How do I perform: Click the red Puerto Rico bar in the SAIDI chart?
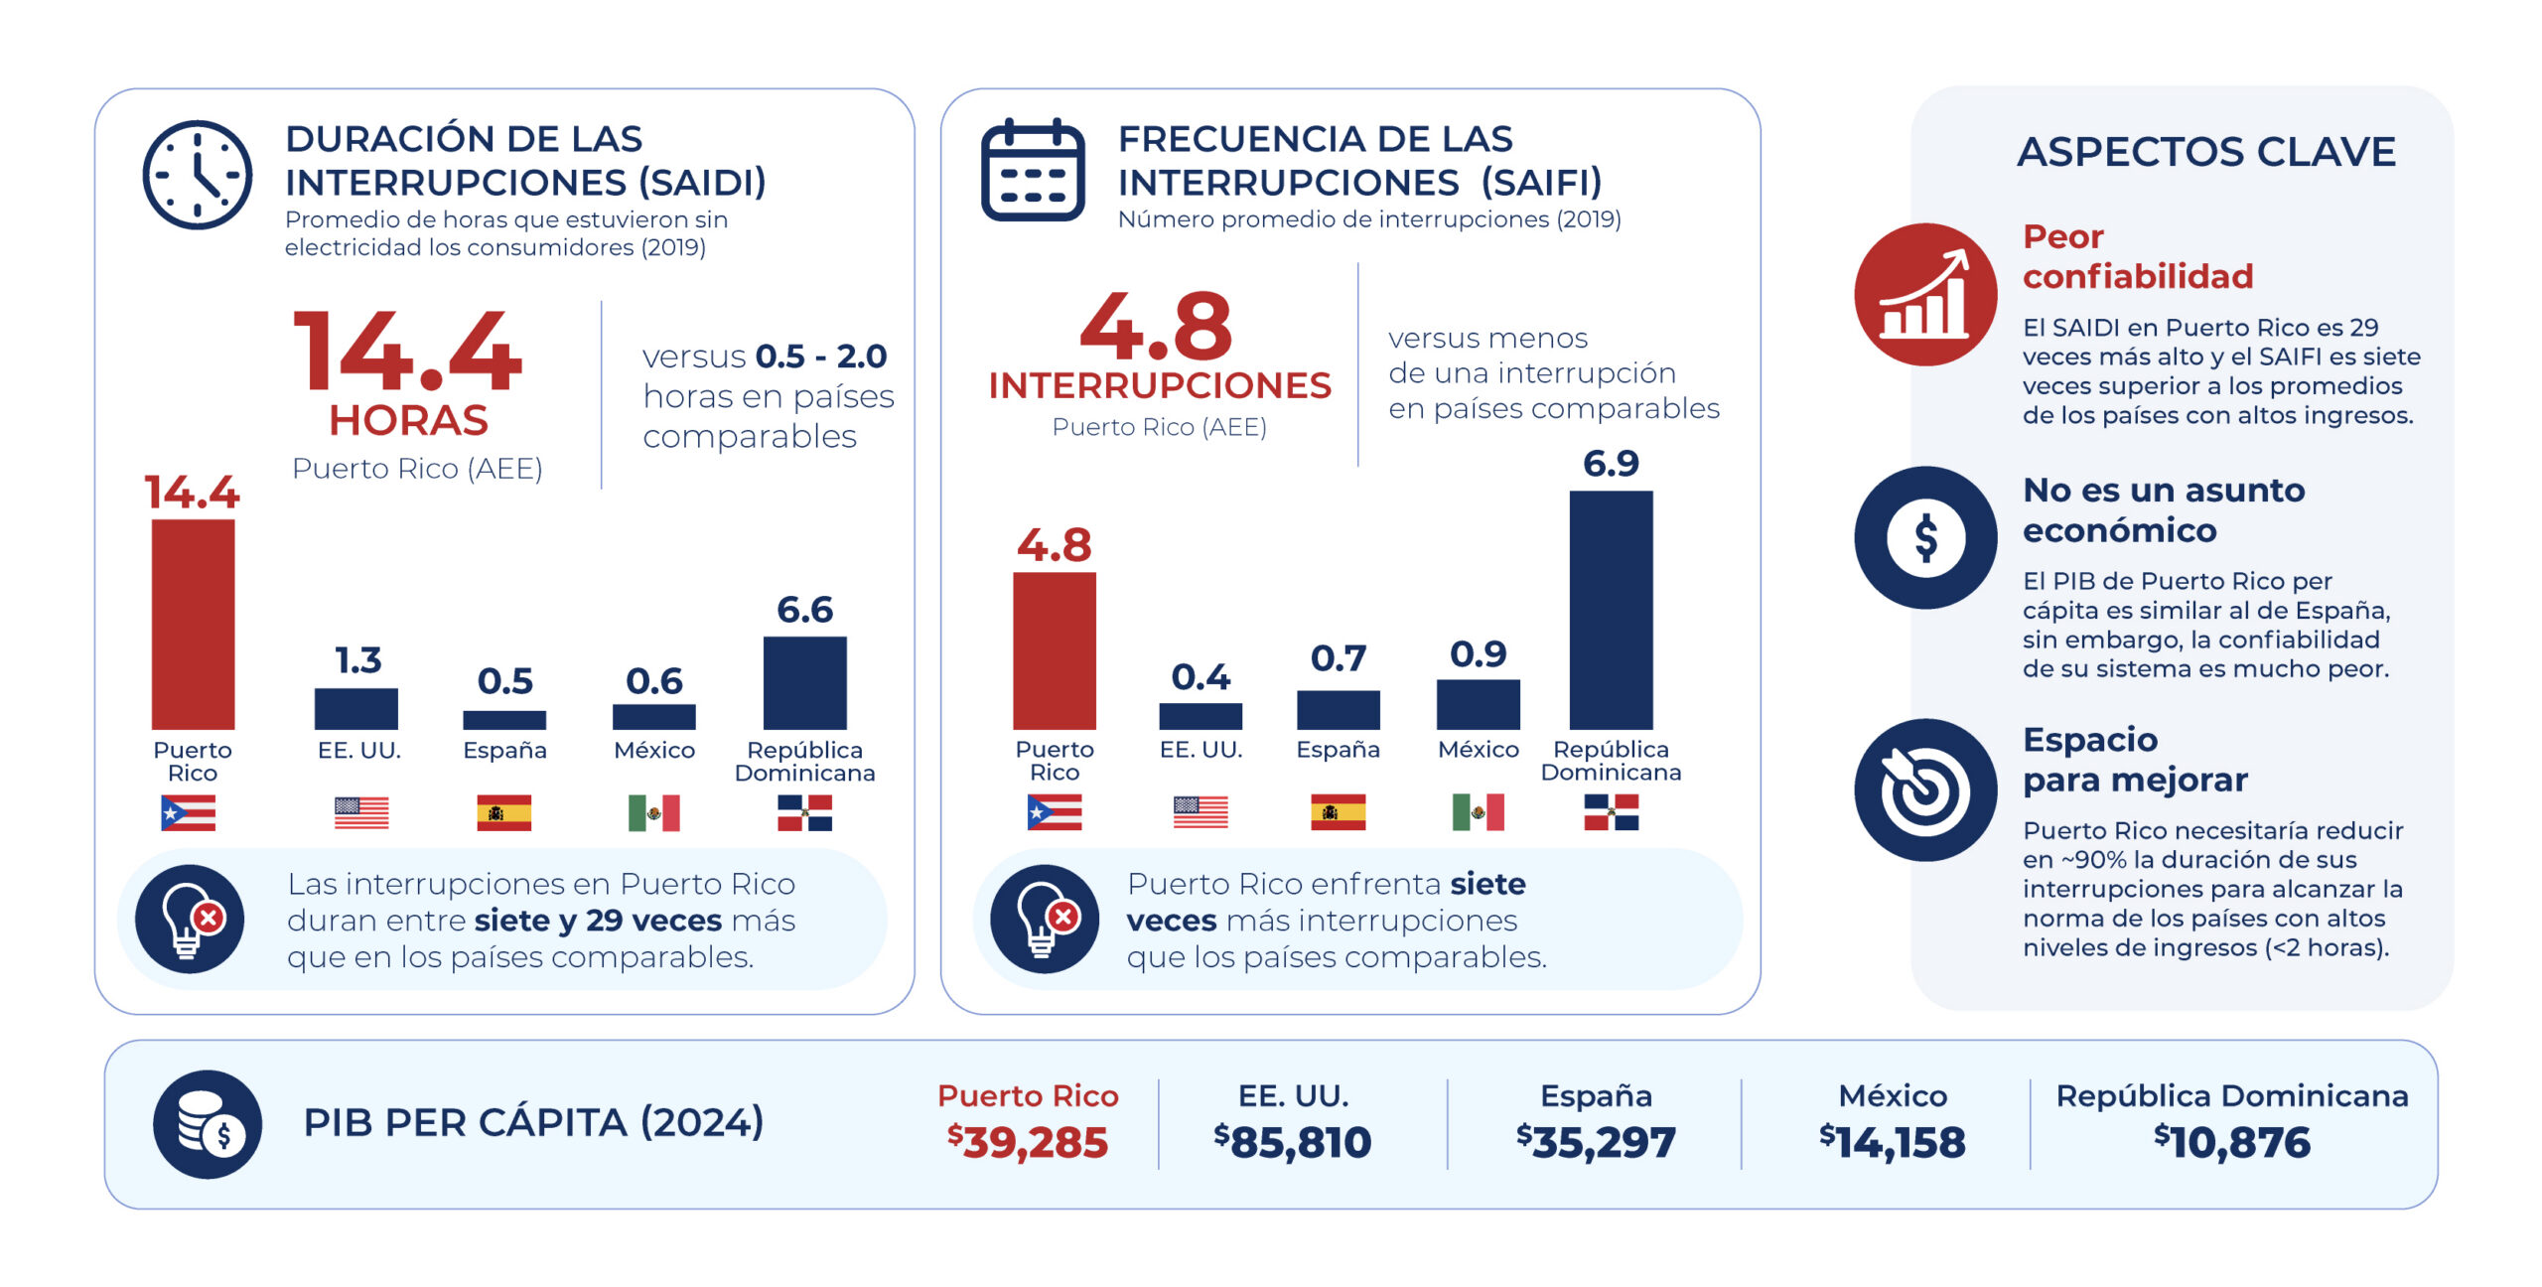tap(193, 625)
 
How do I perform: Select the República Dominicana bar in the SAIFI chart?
tap(1611, 610)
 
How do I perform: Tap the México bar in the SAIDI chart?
tap(653, 717)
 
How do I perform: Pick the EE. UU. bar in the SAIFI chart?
tap(1200, 716)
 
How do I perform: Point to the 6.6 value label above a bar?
tap(804, 609)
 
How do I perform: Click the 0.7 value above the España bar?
tap(1338, 657)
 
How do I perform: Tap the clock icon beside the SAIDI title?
tap(197, 175)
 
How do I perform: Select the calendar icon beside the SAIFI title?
tap(1033, 170)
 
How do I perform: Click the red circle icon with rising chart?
tap(1925, 294)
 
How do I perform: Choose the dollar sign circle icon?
tap(1925, 537)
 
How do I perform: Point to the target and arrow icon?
tap(1925, 789)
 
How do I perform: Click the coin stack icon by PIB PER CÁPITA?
tap(208, 1124)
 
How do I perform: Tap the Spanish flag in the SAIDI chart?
tap(503, 812)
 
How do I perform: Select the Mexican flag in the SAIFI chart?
tap(1478, 811)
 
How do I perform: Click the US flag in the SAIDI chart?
tap(360, 812)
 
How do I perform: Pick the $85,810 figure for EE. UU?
tap(1292, 1142)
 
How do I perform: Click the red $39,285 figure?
tap(1027, 1142)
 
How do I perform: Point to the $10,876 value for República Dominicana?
tap(2232, 1142)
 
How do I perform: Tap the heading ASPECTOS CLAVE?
tap(2206, 152)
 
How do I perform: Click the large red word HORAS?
tap(408, 420)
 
